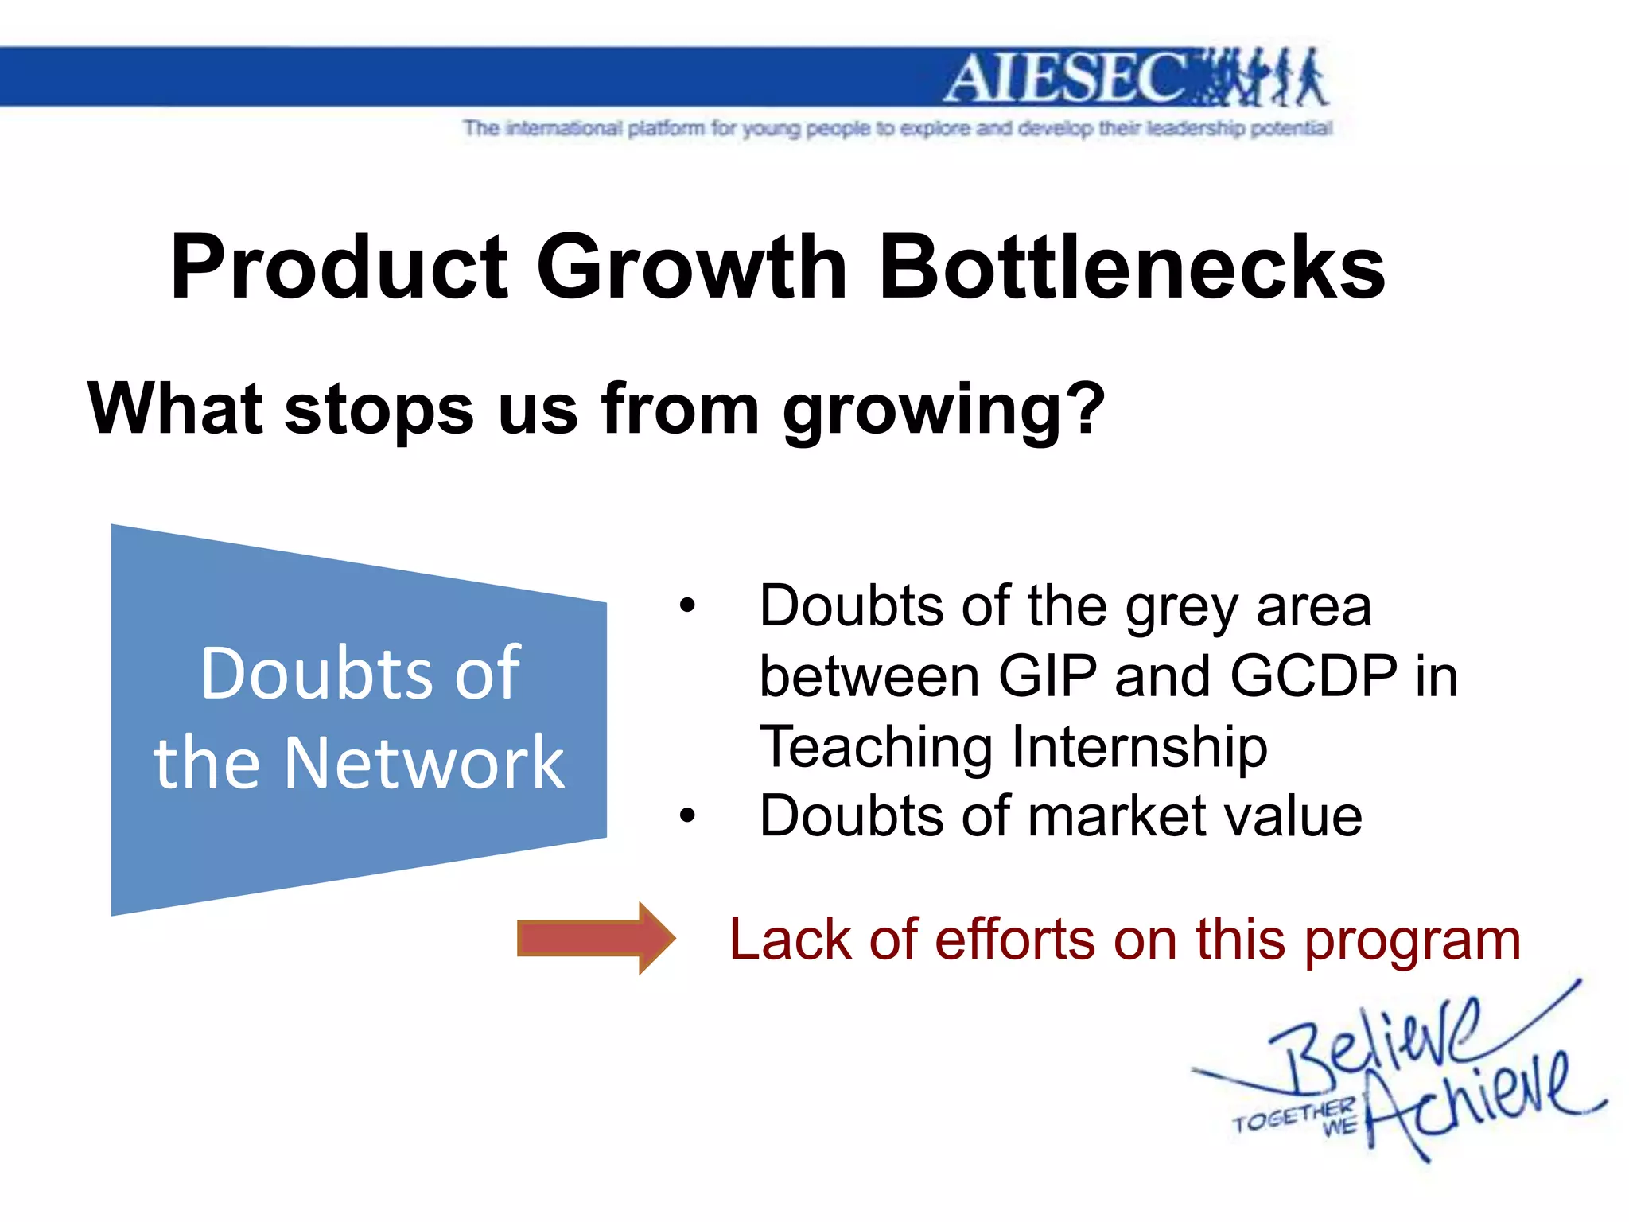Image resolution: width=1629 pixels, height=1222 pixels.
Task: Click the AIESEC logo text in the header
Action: tap(1066, 78)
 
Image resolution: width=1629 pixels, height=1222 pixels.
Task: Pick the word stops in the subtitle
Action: tap(379, 410)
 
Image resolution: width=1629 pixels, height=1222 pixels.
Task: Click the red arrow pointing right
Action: tap(595, 938)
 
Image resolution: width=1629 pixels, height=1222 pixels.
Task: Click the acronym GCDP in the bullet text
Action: tap(1313, 676)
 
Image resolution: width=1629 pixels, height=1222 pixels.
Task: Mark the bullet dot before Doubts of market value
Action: tap(687, 816)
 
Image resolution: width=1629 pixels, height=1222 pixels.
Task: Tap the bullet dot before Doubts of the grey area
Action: tap(687, 606)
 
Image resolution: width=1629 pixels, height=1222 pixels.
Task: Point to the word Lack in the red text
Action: tap(791, 940)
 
